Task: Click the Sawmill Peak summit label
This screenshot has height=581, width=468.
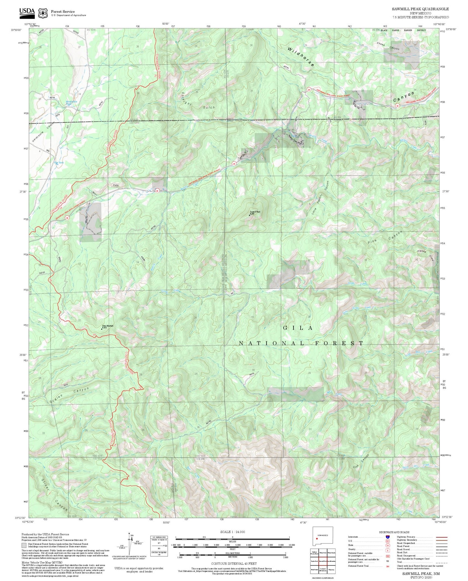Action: pos(255,213)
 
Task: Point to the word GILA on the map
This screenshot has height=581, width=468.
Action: pos(298,328)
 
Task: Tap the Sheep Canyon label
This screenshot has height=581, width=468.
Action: pos(388,46)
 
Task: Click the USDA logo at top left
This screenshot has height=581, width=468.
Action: pos(27,12)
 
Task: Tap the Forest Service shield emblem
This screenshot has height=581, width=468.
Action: pos(42,13)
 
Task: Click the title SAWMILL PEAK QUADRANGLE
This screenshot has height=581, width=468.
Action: pos(420,9)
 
